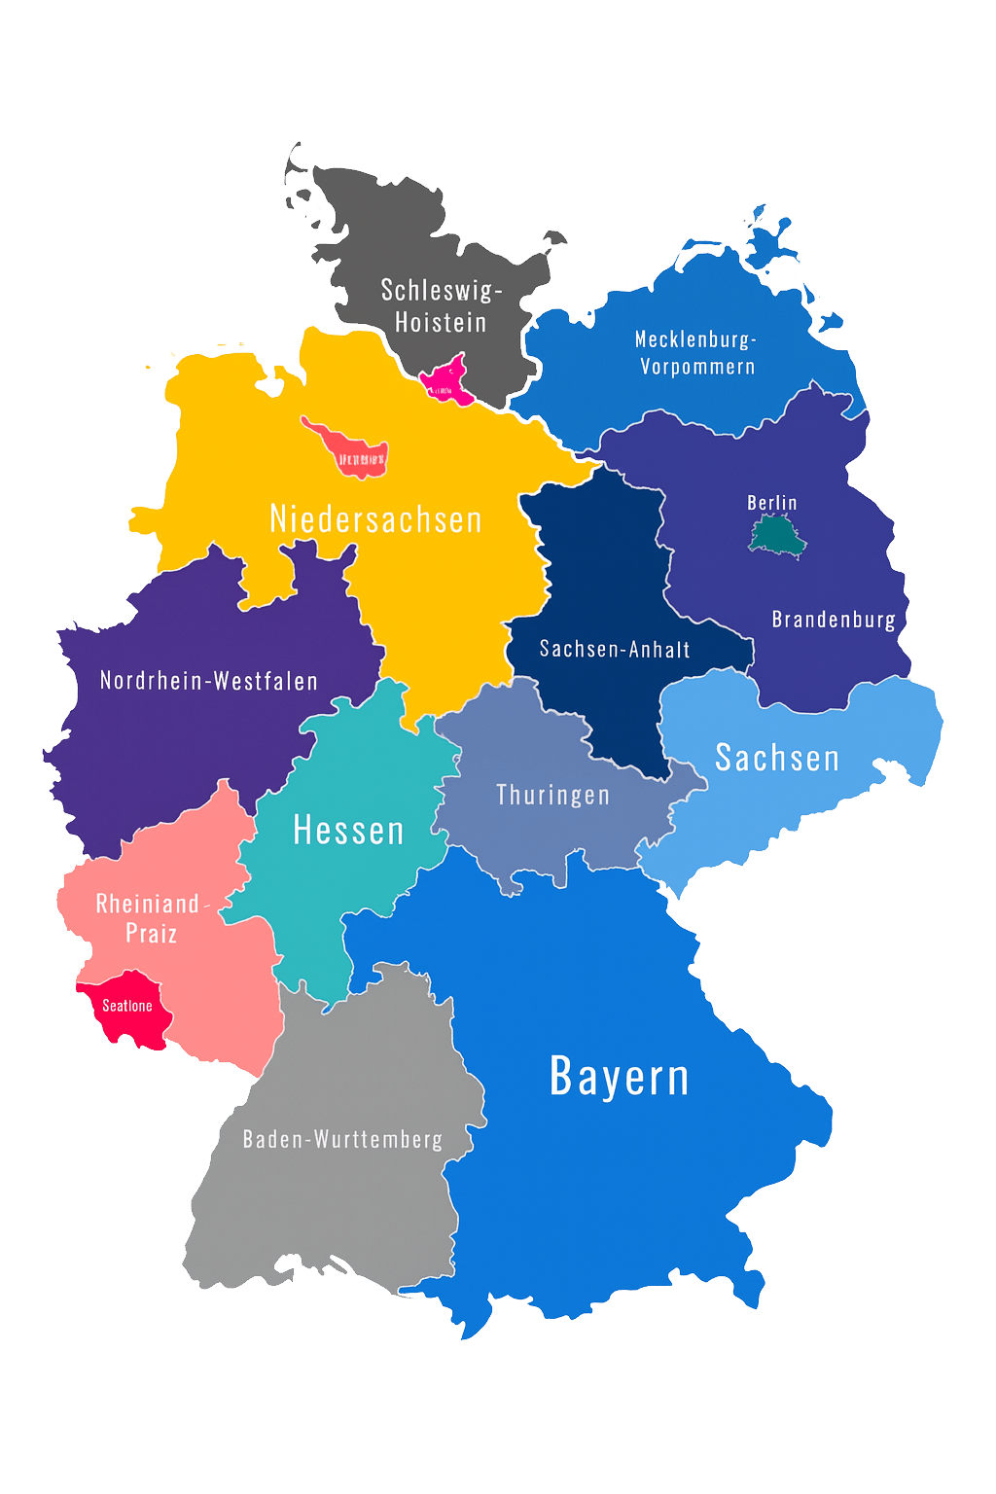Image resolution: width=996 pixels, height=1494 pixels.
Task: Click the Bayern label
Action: (x=619, y=1077)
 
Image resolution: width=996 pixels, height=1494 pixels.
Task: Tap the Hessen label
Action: (x=348, y=831)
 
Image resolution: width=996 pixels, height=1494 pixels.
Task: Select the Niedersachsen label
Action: (x=375, y=519)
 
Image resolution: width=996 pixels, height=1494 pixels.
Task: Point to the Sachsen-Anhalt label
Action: (x=615, y=649)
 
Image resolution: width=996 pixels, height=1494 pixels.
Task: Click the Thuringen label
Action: (x=552, y=795)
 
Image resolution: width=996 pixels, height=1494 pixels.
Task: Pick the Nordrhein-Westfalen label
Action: (x=209, y=681)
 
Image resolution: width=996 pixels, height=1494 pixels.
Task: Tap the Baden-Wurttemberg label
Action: (x=342, y=1139)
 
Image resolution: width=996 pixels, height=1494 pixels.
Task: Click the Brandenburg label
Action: (x=834, y=620)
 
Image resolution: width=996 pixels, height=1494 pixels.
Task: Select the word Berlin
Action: (x=771, y=503)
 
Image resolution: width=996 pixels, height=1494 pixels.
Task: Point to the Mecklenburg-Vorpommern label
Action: (x=696, y=353)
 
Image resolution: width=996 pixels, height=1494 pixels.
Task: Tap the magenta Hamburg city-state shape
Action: (x=447, y=379)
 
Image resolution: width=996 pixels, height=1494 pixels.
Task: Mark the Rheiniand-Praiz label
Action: (x=151, y=918)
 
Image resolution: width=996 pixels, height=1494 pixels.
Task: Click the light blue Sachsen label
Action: (x=776, y=758)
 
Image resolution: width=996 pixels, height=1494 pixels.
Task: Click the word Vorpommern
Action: (x=697, y=368)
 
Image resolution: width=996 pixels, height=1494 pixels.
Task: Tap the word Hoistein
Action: (x=441, y=322)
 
